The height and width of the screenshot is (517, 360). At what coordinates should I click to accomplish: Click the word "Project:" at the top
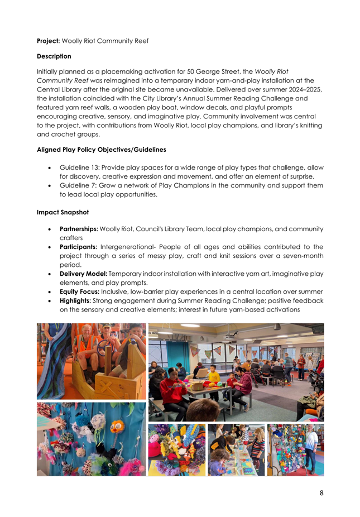(48, 41)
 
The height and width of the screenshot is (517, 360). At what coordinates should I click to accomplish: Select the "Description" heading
(55, 56)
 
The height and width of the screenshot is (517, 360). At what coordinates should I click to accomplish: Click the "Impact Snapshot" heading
(65, 212)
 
